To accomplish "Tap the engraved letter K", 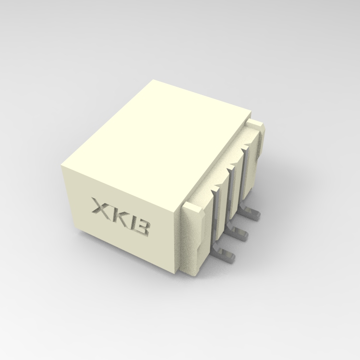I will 120,216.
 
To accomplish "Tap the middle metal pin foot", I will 241,236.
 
